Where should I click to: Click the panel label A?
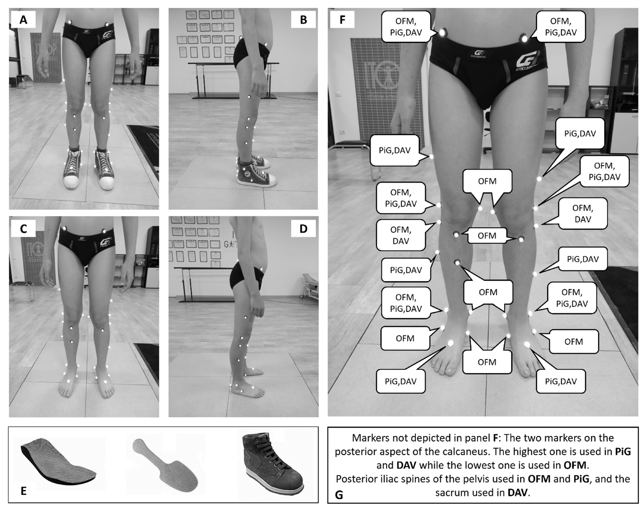pyautogui.click(x=23, y=19)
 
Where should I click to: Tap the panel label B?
pyautogui.click(x=303, y=19)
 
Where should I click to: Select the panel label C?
pyautogui.click(x=23, y=228)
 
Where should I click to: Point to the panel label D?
pyautogui.click(x=303, y=228)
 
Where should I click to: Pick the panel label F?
pyautogui.click(x=342, y=19)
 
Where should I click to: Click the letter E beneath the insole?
pyautogui.click(x=23, y=491)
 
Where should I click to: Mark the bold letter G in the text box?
pyautogui.click(x=339, y=495)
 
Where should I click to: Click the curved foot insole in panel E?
pyautogui.click(x=55, y=460)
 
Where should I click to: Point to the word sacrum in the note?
pyautogui.click(x=451, y=493)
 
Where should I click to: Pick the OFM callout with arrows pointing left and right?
pyautogui.click(x=487, y=236)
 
